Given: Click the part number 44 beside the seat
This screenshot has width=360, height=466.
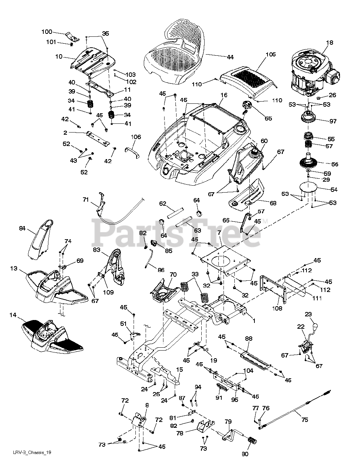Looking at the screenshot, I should click(230, 57).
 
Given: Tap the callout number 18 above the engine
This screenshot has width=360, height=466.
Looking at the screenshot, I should click(329, 43).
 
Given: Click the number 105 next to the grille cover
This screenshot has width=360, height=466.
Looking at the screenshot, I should click(270, 55).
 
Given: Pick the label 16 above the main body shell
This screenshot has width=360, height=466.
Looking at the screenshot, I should click(223, 95).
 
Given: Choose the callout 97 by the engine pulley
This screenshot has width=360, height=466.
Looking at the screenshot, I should click(333, 122).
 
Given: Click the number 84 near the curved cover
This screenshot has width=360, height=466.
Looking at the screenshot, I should click(22, 228).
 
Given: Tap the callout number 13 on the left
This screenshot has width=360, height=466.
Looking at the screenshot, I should click(14, 268).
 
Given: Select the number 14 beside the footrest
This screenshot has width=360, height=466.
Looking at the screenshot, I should click(13, 315).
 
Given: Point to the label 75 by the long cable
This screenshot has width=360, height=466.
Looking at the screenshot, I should click(305, 420).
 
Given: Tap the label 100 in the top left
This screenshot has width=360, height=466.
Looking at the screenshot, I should click(47, 32).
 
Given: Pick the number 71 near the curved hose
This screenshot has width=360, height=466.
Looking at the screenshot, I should click(86, 200).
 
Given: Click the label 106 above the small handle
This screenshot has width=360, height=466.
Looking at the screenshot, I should click(136, 137).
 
